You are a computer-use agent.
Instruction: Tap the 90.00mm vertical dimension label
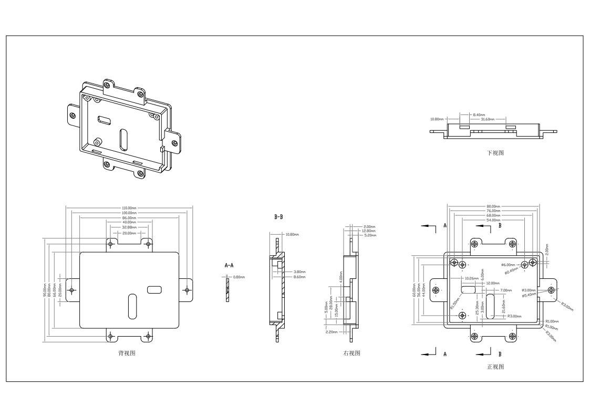pos(45,290)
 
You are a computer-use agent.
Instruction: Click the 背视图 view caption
pos(127,353)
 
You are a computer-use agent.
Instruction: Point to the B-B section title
pos(278,216)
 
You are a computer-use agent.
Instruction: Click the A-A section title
pos(229,266)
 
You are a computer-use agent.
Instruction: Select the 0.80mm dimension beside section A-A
pos(239,277)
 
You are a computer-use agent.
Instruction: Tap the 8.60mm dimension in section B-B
pos(299,276)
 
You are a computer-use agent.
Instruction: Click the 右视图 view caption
pos(351,353)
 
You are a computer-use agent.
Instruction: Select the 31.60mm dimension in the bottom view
pos(487,119)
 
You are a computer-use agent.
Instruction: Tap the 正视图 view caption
pos(495,367)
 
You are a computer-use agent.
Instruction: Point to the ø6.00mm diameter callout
pos(508,264)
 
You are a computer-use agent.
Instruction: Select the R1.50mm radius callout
pos(454,305)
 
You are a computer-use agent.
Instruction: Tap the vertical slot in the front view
pos(490,306)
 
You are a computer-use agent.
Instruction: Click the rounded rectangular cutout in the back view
pos(154,289)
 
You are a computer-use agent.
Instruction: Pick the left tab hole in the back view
pos(73,290)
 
